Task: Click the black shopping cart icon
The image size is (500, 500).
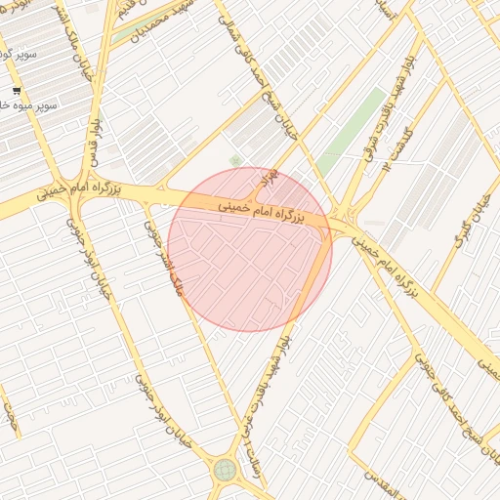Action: coord(16,89)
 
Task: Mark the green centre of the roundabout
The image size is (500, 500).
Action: coord(225,470)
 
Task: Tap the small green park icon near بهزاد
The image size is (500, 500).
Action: coord(234,160)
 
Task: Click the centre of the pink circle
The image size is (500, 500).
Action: coord(250,249)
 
